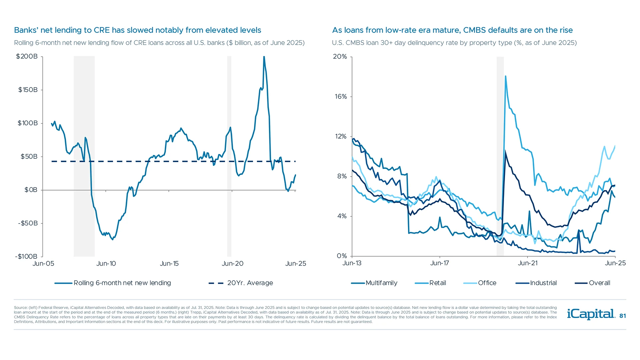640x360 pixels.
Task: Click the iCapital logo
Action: click(x=591, y=314)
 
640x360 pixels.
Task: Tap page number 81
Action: click(x=622, y=316)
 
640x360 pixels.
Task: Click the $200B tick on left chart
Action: click(x=27, y=56)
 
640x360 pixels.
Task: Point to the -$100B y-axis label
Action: click(x=26, y=256)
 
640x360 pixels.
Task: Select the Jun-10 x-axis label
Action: click(x=106, y=264)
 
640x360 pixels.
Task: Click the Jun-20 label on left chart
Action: click(x=232, y=264)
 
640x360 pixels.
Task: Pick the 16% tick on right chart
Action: click(x=341, y=97)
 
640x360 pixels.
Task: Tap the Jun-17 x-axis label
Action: click(x=439, y=263)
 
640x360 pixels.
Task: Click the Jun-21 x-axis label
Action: click(x=527, y=263)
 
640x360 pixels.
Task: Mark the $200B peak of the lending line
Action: click(x=264, y=57)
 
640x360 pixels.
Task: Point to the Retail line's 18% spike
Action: click(x=505, y=76)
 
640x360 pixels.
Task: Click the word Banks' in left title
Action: click(x=26, y=30)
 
